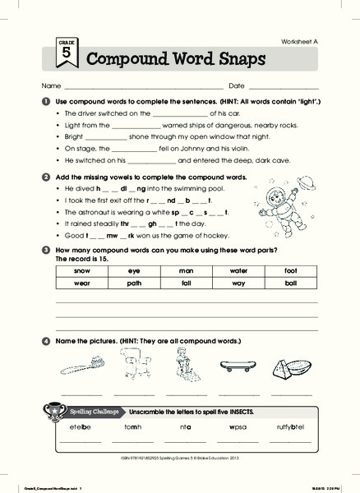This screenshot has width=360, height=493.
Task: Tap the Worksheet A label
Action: tap(297, 41)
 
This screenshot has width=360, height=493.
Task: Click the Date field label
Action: tap(236, 85)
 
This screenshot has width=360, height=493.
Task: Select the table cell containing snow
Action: tap(81, 270)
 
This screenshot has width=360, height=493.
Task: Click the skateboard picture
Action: tap(238, 366)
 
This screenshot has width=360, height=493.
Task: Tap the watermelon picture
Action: tap(291, 367)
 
